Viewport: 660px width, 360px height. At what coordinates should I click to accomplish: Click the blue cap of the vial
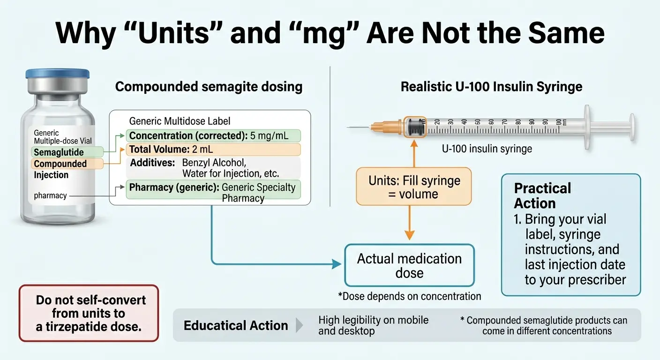click(57, 74)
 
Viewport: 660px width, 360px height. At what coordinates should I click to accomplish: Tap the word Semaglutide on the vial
click(59, 152)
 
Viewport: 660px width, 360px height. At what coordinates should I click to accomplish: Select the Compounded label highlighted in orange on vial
click(60, 164)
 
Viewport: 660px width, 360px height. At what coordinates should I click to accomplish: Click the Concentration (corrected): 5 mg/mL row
click(214, 136)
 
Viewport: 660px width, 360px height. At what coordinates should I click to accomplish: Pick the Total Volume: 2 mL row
click(214, 150)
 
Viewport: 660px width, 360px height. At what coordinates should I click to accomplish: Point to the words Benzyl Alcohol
click(214, 163)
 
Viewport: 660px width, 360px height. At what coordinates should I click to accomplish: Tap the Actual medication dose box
click(409, 265)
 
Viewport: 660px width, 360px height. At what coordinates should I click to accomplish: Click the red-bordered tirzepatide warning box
click(89, 313)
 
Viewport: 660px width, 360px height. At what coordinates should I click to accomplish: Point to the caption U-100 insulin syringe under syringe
click(487, 149)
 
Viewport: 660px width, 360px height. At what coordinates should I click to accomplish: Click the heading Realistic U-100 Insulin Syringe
click(491, 87)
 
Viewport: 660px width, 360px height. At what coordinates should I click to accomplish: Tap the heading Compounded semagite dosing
click(209, 87)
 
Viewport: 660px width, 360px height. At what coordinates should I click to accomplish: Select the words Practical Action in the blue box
click(542, 195)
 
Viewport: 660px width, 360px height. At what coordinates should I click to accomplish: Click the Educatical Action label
click(236, 325)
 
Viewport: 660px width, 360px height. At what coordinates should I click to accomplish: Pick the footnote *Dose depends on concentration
click(409, 296)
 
